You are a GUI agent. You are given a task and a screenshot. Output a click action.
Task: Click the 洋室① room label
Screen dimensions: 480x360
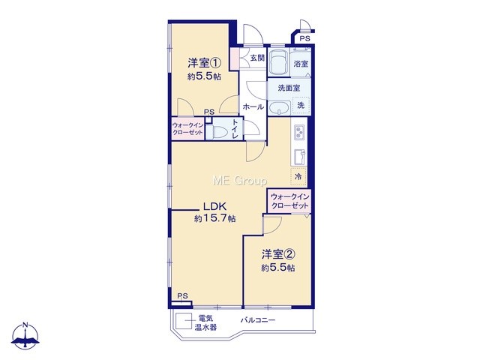tap(204, 63)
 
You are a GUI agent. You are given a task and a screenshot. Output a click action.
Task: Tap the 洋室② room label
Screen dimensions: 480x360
tap(278, 254)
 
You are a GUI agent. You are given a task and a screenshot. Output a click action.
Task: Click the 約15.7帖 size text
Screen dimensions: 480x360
tap(215, 218)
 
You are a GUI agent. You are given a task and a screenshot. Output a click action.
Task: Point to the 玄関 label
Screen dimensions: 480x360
tap(257, 58)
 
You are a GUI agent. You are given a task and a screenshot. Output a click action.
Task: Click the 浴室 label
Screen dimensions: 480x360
tap(301, 64)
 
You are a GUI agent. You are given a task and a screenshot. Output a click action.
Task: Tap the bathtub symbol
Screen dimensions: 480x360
tap(278, 61)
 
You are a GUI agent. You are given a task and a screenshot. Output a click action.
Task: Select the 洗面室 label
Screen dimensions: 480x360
tap(289, 88)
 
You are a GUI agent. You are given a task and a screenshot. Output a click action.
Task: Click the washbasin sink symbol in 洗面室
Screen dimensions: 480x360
tap(279, 108)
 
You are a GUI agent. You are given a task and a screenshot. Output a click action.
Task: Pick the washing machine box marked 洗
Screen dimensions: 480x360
tap(301, 105)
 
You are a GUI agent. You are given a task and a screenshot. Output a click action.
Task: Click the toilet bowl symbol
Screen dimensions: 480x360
tap(220, 133)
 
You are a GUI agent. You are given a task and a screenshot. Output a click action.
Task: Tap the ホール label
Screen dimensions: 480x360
tap(253, 106)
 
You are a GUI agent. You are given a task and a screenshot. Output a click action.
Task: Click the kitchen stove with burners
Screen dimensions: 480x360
tap(298, 133)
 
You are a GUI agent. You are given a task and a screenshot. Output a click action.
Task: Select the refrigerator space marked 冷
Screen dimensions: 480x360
tap(298, 177)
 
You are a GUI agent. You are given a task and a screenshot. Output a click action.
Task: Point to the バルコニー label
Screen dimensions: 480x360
tap(258, 320)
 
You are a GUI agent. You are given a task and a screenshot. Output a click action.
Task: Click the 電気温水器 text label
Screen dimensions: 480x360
tap(206, 322)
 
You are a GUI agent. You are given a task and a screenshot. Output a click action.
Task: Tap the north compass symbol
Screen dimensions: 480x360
tap(25, 336)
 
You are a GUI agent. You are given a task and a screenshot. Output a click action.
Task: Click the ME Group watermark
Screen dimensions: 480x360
tap(240, 181)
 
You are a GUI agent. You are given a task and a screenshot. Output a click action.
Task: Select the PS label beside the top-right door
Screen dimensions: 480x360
tap(304, 38)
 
